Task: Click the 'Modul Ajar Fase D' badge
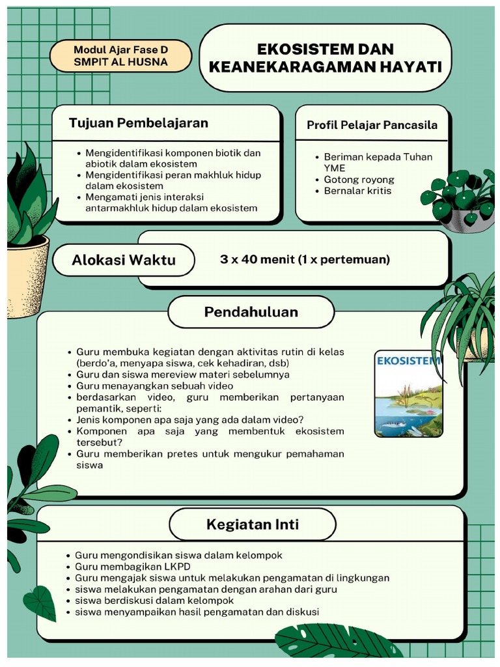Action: (x=120, y=50)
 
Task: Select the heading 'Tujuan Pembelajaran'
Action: (x=139, y=123)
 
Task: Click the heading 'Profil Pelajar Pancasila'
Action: (x=372, y=124)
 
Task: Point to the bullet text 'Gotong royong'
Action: (x=359, y=180)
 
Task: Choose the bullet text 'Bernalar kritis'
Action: (x=357, y=191)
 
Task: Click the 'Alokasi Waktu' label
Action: (x=124, y=260)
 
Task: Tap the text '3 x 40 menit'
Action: (x=257, y=259)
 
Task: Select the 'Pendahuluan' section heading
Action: (x=251, y=312)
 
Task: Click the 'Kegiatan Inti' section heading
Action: (x=253, y=524)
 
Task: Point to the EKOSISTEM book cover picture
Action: (x=408, y=394)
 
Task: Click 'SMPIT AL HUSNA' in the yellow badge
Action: (x=120, y=62)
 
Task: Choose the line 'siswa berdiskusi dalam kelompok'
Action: (x=154, y=601)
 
